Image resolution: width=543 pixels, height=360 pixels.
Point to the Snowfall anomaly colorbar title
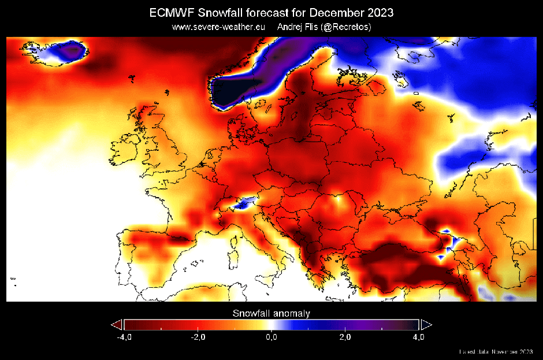[x=271, y=314]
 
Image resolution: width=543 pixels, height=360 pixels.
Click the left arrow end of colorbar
[x=117, y=324]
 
